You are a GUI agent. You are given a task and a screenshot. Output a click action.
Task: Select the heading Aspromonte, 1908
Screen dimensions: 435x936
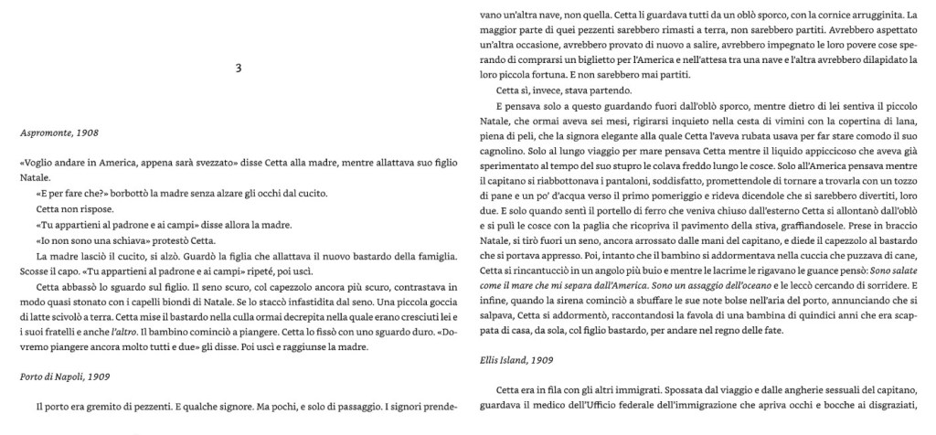click(x=59, y=133)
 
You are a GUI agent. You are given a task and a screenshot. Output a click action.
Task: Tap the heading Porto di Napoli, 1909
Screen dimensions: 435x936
click(x=66, y=375)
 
